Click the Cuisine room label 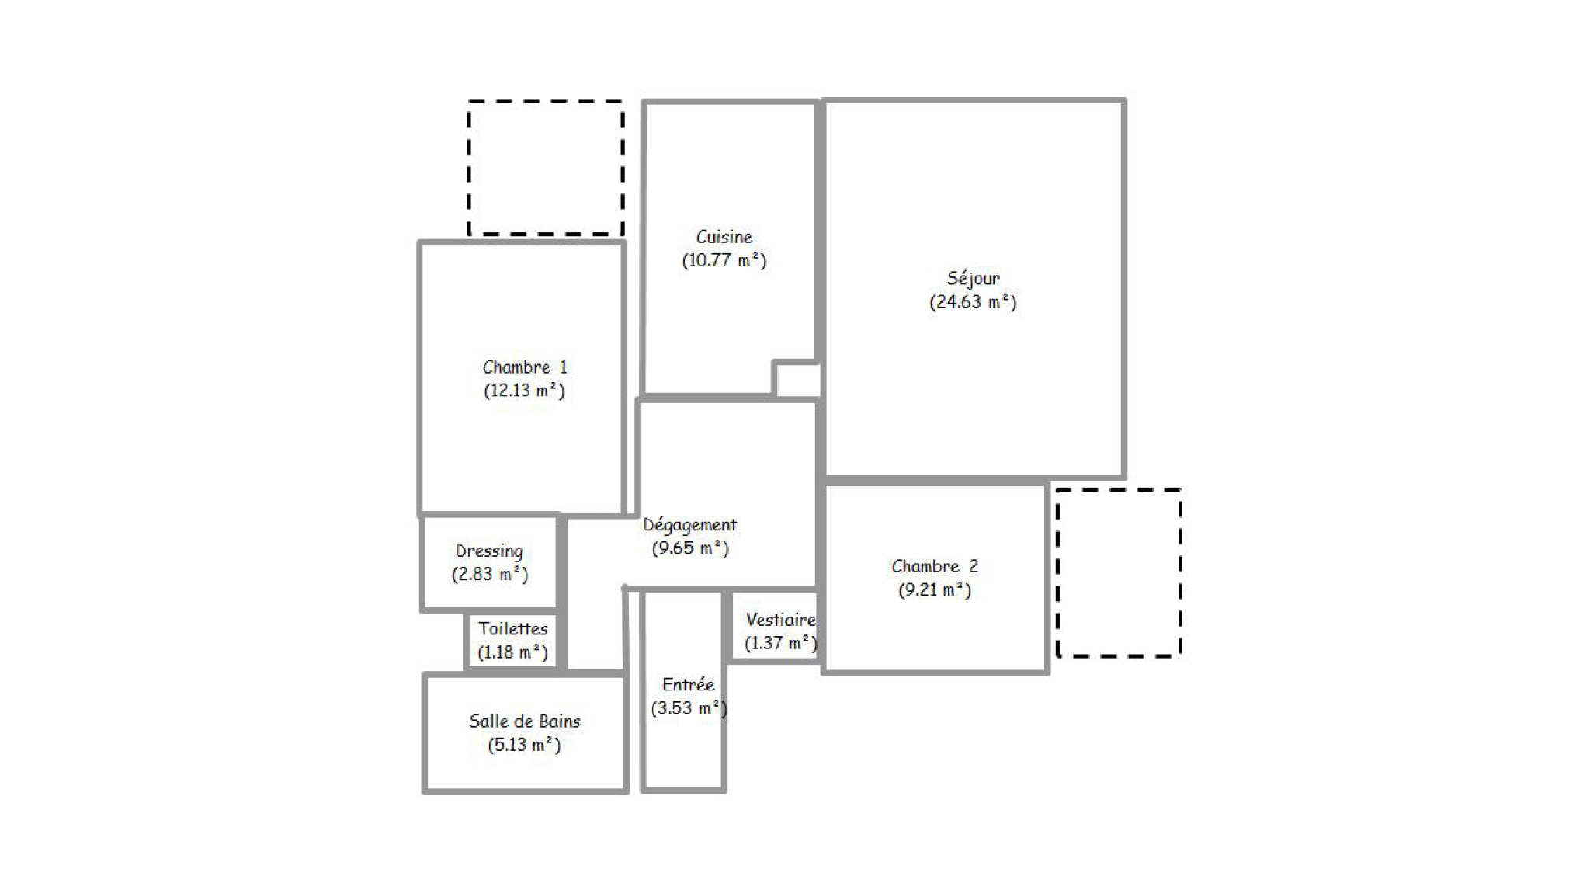pyautogui.click(x=724, y=237)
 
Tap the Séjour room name pyautogui.click(x=973, y=278)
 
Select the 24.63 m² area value pyautogui.click(x=973, y=302)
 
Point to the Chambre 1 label pyautogui.click(x=525, y=367)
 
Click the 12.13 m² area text pyautogui.click(x=524, y=391)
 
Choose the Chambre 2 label pyautogui.click(x=935, y=566)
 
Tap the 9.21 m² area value pyautogui.click(x=935, y=590)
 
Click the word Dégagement pyautogui.click(x=689, y=526)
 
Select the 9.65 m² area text pyautogui.click(x=690, y=549)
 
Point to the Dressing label pyautogui.click(x=489, y=551)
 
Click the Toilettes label pyautogui.click(x=512, y=629)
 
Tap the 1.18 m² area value pyautogui.click(x=512, y=652)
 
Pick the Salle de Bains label pyautogui.click(x=524, y=721)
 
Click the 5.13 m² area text pyautogui.click(x=524, y=746)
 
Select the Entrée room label pyautogui.click(x=688, y=685)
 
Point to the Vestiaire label pyautogui.click(x=781, y=620)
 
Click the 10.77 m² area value pyautogui.click(x=724, y=261)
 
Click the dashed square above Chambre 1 pyautogui.click(x=546, y=102)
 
